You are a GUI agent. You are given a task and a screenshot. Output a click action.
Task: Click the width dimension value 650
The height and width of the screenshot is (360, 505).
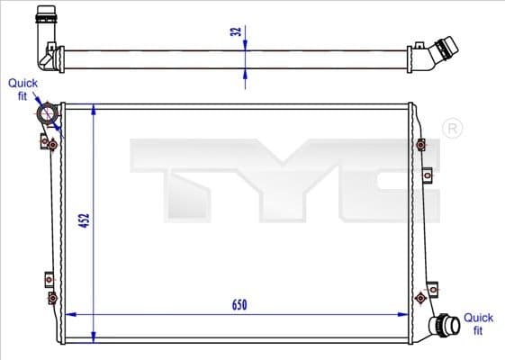[239, 305]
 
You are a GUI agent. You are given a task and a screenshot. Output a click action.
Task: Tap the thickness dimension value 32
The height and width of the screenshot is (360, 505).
[235, 32]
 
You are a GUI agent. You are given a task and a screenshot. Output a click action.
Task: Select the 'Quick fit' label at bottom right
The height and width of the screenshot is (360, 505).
[478, 323]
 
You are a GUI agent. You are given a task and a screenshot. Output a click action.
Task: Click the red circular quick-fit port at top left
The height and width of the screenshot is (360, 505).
[48, 115]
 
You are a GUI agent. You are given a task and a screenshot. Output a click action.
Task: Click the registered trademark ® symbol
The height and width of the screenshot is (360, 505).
[452, 130]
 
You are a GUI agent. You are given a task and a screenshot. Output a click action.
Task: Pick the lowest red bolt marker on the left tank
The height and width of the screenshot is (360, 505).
[52, 298]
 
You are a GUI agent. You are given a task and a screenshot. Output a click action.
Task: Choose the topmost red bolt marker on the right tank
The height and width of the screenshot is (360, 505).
[421, 144]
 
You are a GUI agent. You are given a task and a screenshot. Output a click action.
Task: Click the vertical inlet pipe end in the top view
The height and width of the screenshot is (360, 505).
[44, 19]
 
